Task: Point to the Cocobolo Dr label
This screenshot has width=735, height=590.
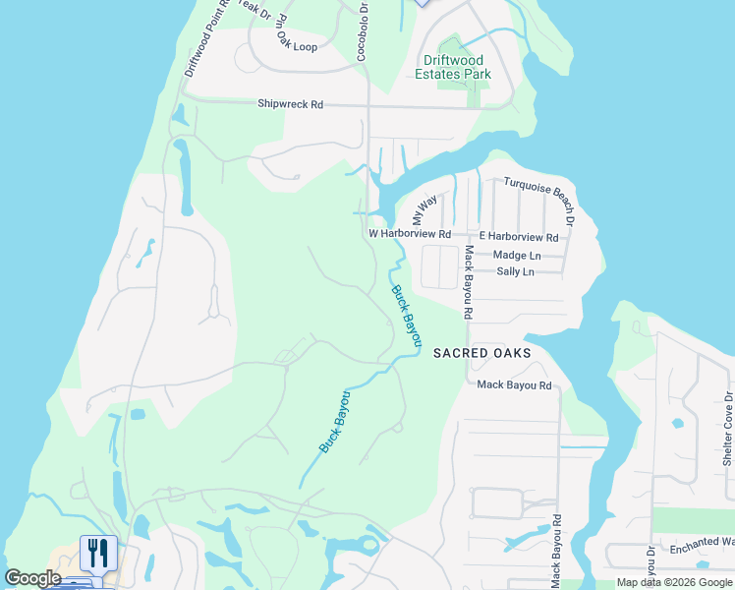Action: click(363, 31)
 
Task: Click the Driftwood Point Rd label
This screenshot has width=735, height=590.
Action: click(206, 40)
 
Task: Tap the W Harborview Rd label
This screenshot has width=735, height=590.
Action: click(409, 235)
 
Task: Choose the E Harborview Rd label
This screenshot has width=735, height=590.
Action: click(518, 237)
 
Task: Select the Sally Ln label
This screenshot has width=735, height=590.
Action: click(515, 271)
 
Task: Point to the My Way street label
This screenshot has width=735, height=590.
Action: click(424, 210)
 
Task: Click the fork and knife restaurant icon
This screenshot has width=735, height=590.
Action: click(98, 553)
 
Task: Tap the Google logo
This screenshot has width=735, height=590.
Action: click(32, 578)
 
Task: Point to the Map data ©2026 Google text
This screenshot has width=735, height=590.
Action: click(674, 582)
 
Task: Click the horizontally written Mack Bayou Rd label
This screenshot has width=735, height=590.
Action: click(514, 385)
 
